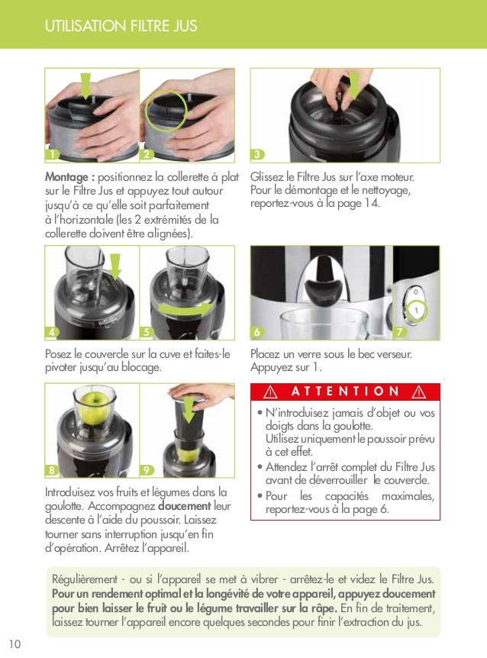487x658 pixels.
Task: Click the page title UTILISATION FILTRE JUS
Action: [x=121, y=27]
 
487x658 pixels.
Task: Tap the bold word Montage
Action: [x=69, y=177]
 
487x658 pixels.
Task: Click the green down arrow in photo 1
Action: [x=86, y=85]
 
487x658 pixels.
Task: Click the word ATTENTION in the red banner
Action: [x=345, y=391]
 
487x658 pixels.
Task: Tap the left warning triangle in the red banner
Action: [x=268, y=392]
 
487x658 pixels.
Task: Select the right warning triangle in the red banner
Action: [x=418, y=392]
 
